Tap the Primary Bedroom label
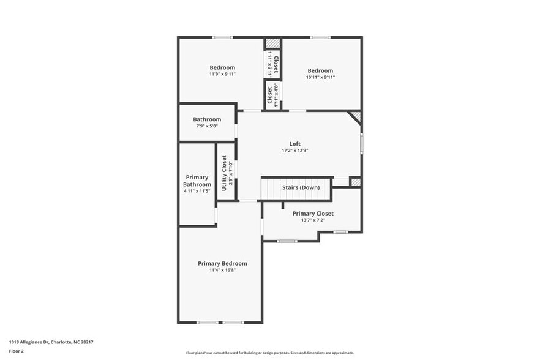coord(222,263)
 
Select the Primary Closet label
coord(312,214)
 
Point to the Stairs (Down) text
coord(301,187)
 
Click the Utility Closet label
coord(224,173)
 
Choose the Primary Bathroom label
coord(197,181)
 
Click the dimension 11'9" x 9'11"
coord(222,74)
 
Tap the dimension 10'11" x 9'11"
coord(320,77)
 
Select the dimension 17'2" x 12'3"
coord(295,151)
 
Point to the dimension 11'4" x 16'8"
coord(222,270)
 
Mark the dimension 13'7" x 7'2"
coord(312,220)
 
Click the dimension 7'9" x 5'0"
coord(207,126)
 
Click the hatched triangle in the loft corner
coord(355,116)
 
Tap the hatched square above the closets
coord(272,43)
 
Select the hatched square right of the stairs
coord(355,182)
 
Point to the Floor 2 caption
coord(17,351)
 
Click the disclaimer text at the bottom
coord(269,353)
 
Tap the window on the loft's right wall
coord(361,143)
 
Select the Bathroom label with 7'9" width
coord(207,119)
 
